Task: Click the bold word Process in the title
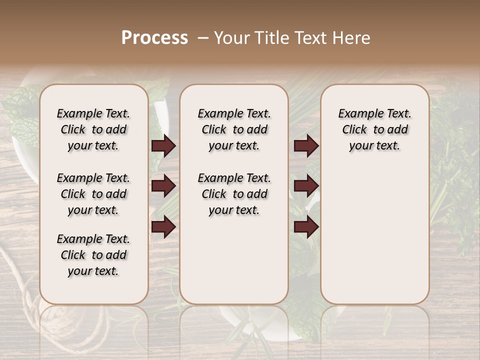pyautogui.click(x=154, y=38)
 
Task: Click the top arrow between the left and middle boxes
pyautogui.click(x=163, y=145)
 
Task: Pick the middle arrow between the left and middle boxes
pyautogui.click(x=163, y=186)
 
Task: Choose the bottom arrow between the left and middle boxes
pyautogui.click(x=163, y=226)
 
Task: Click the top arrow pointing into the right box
pyautogui.click(x=306, y=145)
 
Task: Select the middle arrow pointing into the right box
pyautogui.click(x=306, y=186)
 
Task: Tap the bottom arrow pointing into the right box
pyautogui.click(x=306, y=226)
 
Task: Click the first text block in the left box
pyautogui.click(x=93, y=129)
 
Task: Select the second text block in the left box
pyautogui.click(x=93, y=194)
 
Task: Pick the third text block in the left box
pyautogui.click(x=93, y=255)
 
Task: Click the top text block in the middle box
pyautogui.click(x=234, y=129)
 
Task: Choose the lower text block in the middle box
pyautogui.click(x=234, y=194)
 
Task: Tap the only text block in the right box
pyautogui.click(x=374, y=129)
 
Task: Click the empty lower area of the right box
pyautogui.click(x=374, y=235)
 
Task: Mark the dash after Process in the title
pyautogui.click(x=201, y=38)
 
